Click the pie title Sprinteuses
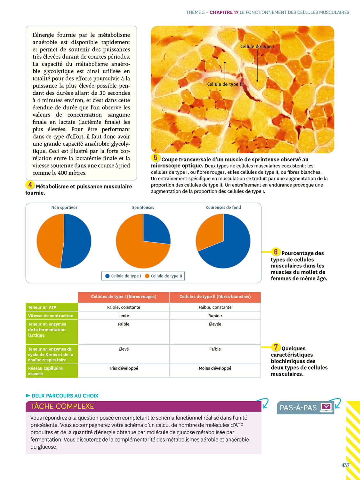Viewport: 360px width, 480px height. click(x=143, y=207)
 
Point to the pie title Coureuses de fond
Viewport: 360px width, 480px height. click(x=223, y=207)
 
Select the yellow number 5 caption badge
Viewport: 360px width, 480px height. click(x=156, y=157)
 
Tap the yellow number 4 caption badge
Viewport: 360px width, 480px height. click(x=30, y=185)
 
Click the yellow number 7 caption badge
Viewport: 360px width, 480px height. click(x=276, y=347)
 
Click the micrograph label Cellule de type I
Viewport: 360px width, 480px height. click(x=257, y=46)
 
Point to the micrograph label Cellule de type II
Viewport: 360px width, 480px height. click(x=225, y=84)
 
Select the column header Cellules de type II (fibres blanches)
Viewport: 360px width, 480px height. click(x=215, y=297)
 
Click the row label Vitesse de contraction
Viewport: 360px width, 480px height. click(x=51, y=316)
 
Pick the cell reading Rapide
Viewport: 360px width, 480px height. click(x=215, y=316)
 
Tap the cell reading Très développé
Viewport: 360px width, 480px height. click(x=124, y=368)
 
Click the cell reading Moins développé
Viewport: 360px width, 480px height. click(x=215, y=368)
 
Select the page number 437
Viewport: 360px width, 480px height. click(x=345, y=465)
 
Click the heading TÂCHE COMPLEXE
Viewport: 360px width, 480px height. click(x=62, y=406)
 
